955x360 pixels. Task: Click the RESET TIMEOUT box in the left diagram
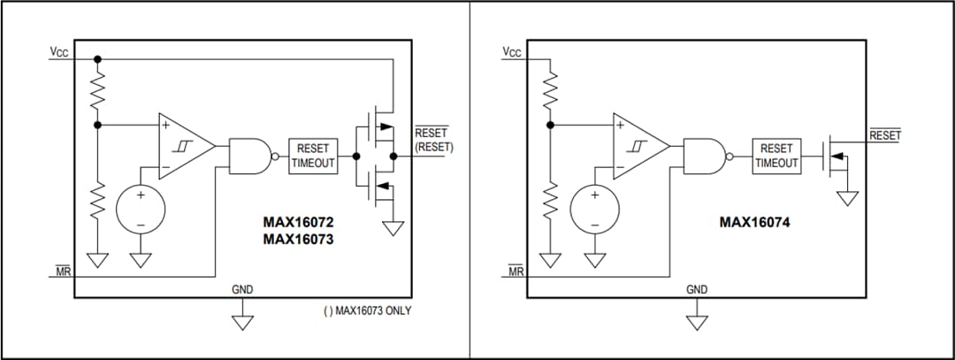(x=313, y=157)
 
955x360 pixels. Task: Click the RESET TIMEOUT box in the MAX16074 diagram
(x=776, y=157)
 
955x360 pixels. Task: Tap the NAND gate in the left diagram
(x=250, y=156)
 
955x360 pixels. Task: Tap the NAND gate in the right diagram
(x=705, y=156)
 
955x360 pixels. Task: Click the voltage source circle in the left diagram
(x=140, y=210)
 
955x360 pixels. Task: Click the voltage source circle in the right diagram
(x=594, y=210)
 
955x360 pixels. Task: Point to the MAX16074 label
(x=754, y=223)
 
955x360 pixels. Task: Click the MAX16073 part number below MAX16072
(x=298, y=239)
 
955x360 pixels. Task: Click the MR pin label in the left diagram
(x=63, y=271)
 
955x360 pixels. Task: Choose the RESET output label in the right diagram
(x=884, y=135)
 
